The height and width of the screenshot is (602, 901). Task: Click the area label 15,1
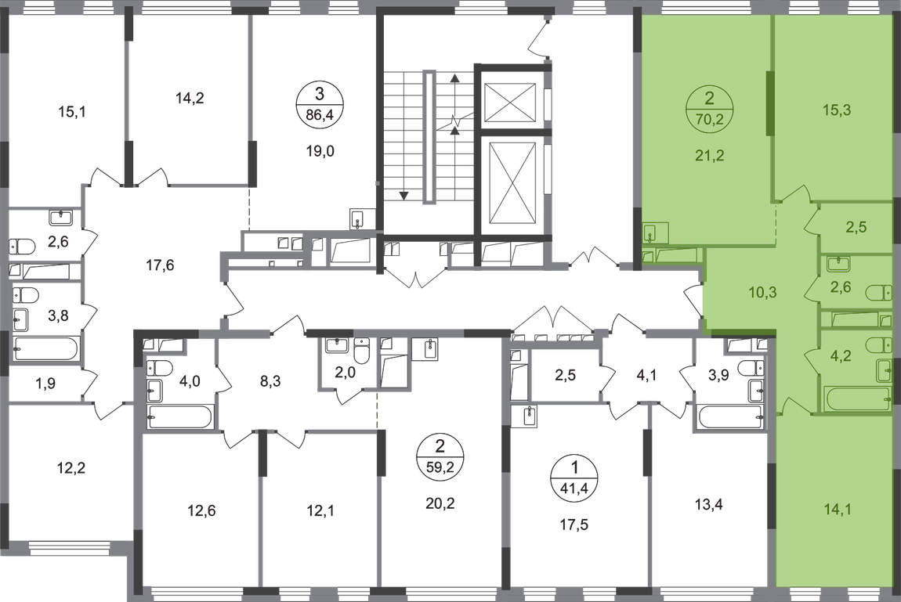click(72, 111)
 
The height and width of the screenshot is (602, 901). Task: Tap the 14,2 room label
click(190, 98)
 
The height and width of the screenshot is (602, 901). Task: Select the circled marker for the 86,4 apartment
click(320, 103)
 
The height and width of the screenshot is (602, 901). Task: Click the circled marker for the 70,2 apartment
click(709, 108)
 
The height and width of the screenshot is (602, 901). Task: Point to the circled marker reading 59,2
click(440, 456)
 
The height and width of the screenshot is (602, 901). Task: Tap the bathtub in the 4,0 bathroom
click(180, 416)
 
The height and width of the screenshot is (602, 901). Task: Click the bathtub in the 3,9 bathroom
click(731, 417)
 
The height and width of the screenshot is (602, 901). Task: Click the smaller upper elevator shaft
click(510, 102)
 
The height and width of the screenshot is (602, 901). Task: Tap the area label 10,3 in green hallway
click(762, 292)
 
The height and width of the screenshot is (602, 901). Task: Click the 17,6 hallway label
click(160, 265)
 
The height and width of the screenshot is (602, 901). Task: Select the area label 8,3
click(270, 380)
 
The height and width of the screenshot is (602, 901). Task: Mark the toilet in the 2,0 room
click(361, 351)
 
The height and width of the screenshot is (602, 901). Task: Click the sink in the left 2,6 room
click(60, 218)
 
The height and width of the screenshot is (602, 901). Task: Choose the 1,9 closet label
click(45, 383)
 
